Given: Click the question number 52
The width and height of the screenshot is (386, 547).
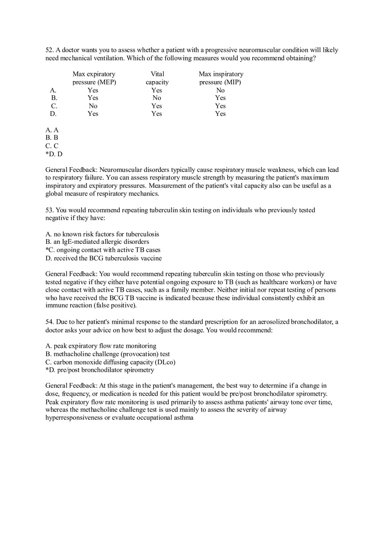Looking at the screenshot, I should pyautogui.click(x=50, y=50).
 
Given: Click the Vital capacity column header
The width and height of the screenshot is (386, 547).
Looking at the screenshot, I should pyautogui.click(x=157, y=78).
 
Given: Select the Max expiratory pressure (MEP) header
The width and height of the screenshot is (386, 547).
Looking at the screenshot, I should pyautogui.click(x=94, y=78).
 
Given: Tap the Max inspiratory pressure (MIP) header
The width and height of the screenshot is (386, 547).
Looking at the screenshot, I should pyautogui.click(x=221, y=78).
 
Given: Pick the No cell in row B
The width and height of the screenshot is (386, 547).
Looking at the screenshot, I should pyautogui.click(x=157, y=98).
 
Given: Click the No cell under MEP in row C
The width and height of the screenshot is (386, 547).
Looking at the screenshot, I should pyautogui.click(x=93, y=106).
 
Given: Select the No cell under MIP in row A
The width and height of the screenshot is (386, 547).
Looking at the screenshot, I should pyautogui.click(x=220, y=90).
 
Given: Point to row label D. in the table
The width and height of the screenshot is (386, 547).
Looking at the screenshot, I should pyautogui.click(x=53, y=114).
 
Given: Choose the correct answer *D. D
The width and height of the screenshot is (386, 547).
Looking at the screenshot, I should pyautogui.click(x=54, y=154).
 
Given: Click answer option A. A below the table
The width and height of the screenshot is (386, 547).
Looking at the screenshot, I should pyautogui.click(x=52, y=130).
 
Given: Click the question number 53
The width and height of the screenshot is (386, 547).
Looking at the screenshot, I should pyautogui.click(x=50, y=210).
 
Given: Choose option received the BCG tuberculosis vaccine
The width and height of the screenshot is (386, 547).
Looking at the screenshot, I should pyautogui.click(x=107, y=258).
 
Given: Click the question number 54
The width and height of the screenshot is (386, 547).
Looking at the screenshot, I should pyautogui.click(x=50, y=322).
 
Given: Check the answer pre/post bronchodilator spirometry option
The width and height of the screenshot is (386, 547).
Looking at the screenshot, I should pyautogui.click(x=104, y=370).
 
